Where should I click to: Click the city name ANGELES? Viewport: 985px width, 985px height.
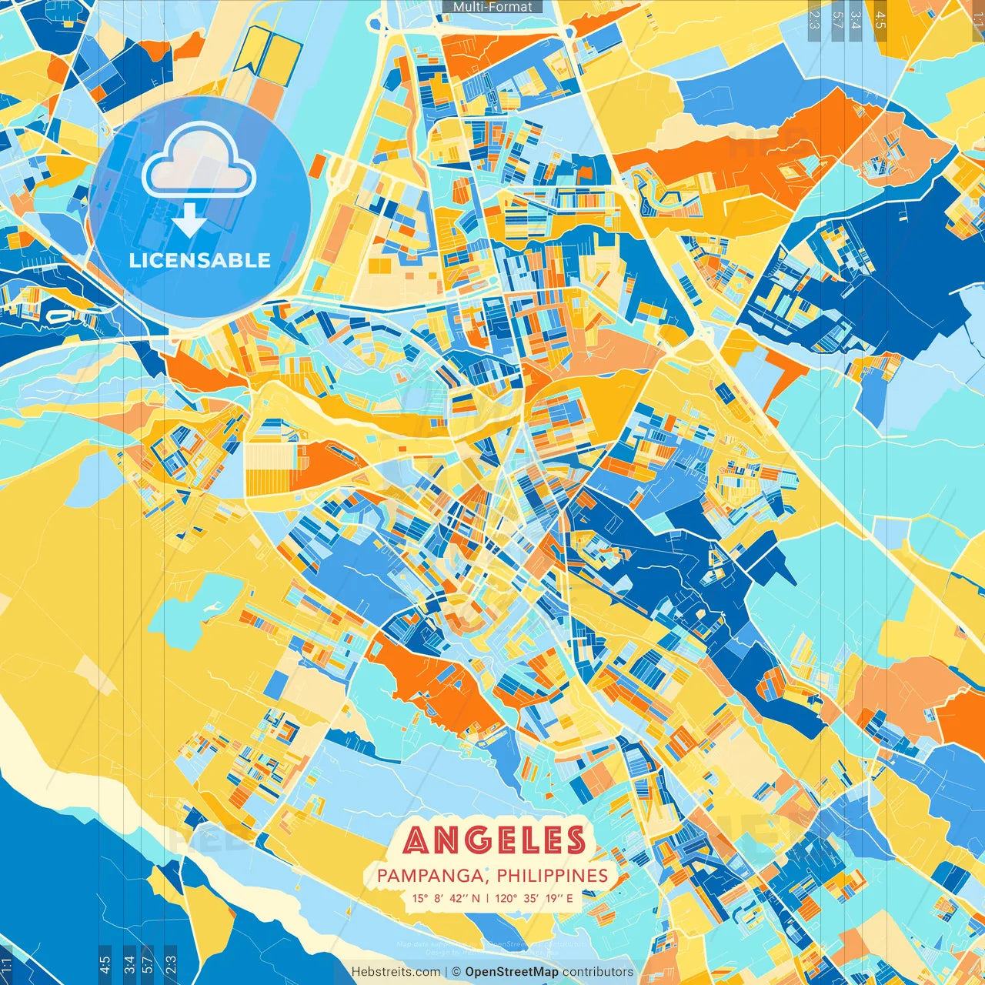pos(494,840)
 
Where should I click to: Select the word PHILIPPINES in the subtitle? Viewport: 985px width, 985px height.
pos(552,876)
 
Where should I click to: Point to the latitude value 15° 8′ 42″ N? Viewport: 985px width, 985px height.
pos(446,898)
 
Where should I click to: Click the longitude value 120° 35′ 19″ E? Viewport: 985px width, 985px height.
pos(533,898)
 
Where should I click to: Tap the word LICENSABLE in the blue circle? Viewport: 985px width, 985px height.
pos(199,260)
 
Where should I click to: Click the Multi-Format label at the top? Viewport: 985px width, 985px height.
pos(492,7)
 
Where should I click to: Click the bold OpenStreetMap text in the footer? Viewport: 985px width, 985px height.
pos(511,972)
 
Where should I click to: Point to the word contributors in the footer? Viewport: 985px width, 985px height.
pos(598,972)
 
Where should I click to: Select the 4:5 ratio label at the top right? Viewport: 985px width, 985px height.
pos(880,20)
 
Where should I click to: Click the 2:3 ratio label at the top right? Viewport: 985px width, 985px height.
pos(814,20)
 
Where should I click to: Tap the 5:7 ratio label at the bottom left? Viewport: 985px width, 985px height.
pos(148,963)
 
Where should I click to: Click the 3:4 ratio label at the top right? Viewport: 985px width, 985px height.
pos(856,20)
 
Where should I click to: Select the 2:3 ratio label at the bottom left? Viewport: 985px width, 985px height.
pos(171,963)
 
